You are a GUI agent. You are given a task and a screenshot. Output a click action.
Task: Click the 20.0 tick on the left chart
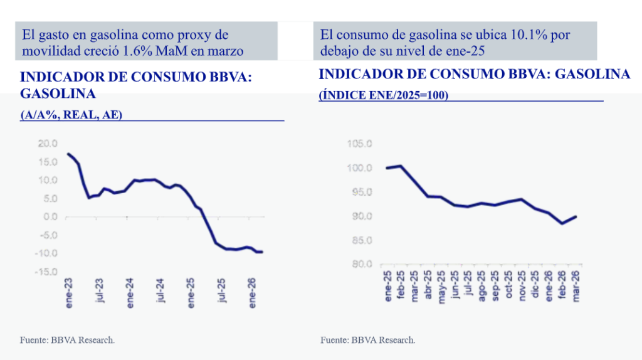tap(48, 144)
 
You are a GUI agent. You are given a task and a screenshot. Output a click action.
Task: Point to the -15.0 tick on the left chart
tap(47, 272)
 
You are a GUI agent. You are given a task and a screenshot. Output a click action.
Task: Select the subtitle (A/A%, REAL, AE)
tap(72, 115)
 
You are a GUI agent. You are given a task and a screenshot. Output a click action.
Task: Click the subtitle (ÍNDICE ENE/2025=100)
tap(383, 95)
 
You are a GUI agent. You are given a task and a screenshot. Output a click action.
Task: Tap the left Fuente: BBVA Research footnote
tap(68, 340)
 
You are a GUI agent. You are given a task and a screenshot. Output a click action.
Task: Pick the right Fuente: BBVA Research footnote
tap(368, 340)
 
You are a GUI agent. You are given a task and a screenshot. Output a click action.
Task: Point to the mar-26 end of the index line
tap(576, 216)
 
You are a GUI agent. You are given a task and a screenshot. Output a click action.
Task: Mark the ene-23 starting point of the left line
tap(68, 154)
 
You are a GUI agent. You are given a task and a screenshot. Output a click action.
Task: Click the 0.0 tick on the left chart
tap(50, 217)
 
